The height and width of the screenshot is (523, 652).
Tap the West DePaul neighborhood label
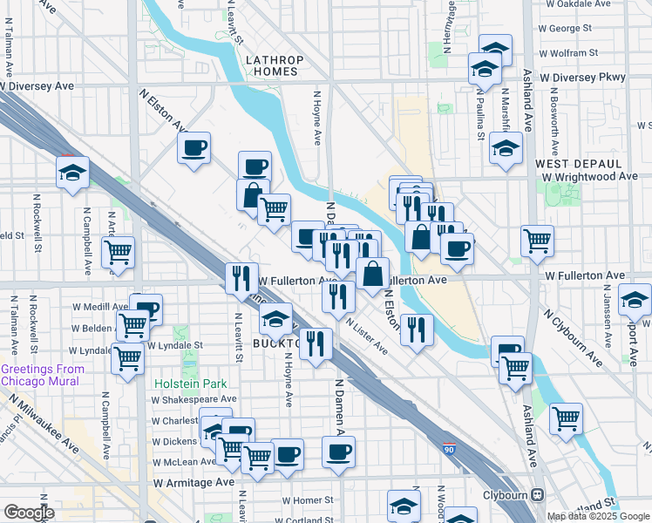pyautogui.click(x=578, y=164)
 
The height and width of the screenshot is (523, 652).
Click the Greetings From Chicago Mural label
pyautogui.click(x=42, y=375)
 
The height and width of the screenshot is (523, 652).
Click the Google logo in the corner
pyautogui.click(x=29, y=513)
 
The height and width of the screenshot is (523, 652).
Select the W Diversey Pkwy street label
pyautogui.click(x=582, y=77)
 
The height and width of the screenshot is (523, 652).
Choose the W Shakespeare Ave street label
pyautogui.click(x=188, y=399)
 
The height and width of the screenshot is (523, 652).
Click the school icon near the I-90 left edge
pyautogui.click(x=72, y=171)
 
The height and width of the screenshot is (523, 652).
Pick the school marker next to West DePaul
pyautogui.click(x=505, y=148)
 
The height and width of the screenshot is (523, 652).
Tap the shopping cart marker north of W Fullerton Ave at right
pyautogui.click(x=537, y=241)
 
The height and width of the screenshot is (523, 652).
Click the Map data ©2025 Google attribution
pyautogui.click(x=599, y=516)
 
